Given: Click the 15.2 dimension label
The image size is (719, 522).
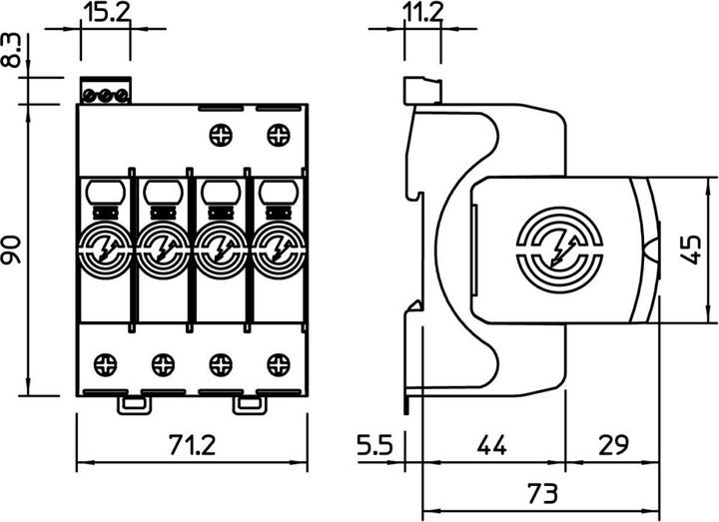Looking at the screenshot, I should coord(104,16).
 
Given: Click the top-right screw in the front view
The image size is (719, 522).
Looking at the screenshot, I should coord(277,133).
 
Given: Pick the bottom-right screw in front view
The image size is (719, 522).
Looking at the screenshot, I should coord(277,361).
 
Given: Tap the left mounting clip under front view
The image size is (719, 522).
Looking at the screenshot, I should coord(133,404).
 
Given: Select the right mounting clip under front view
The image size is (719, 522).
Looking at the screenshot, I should coord(248,404).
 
